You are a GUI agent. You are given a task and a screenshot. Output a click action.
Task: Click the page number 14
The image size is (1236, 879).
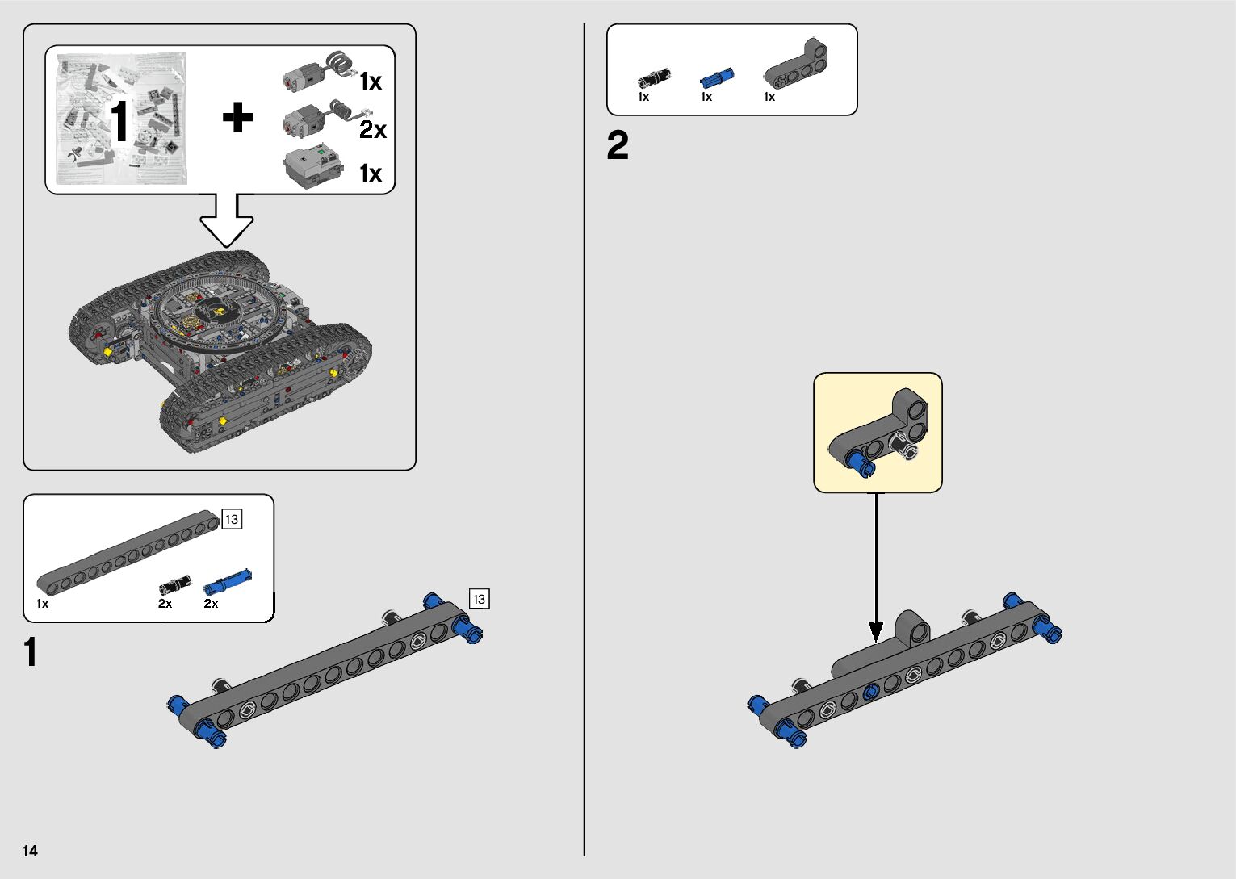(x=30, y=851)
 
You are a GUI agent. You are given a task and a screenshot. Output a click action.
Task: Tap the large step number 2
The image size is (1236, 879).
(x=618, y=146)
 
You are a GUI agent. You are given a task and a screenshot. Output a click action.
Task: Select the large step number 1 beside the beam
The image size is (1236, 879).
(x=31, y=653)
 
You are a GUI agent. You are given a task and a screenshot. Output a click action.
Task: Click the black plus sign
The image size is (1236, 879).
(x=237, y=118)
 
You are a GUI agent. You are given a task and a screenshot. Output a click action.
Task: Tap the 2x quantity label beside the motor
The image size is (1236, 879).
(x=373, y=129)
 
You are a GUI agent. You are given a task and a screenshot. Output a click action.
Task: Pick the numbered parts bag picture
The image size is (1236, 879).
(x=122, y=119)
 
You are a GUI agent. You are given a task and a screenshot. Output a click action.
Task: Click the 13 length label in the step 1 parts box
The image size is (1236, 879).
(x=232, y=519)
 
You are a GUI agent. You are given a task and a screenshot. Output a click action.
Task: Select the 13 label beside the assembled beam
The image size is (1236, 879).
(x=479, y=599)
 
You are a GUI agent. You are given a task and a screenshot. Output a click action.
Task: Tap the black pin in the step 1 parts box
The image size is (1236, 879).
(x=174, y=584)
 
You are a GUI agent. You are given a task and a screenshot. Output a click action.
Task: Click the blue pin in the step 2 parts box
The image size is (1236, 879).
(x=716, y=77)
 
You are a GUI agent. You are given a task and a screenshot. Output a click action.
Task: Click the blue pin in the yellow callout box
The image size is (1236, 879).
(x=857, y=461)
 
